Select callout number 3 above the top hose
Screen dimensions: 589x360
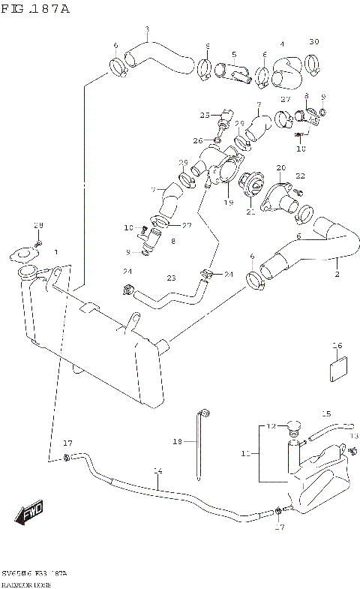tap(147, 30)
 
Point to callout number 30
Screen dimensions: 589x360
tap(314, 41)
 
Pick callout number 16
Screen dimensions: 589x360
tap(338, 346)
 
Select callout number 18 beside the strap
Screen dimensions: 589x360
tap(178, 443)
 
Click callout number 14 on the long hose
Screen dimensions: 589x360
tap(157, 471)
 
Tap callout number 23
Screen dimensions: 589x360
tap(171, 278)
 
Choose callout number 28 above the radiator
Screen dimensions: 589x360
tap(39, 226)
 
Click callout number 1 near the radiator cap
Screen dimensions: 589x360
tap(55, 253)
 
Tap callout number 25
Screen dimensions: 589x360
tap(204, 115)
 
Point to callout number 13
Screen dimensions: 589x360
tap(355, 436)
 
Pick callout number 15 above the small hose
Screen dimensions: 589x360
tap(326, 413)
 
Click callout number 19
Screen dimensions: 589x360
tap(229, 203)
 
